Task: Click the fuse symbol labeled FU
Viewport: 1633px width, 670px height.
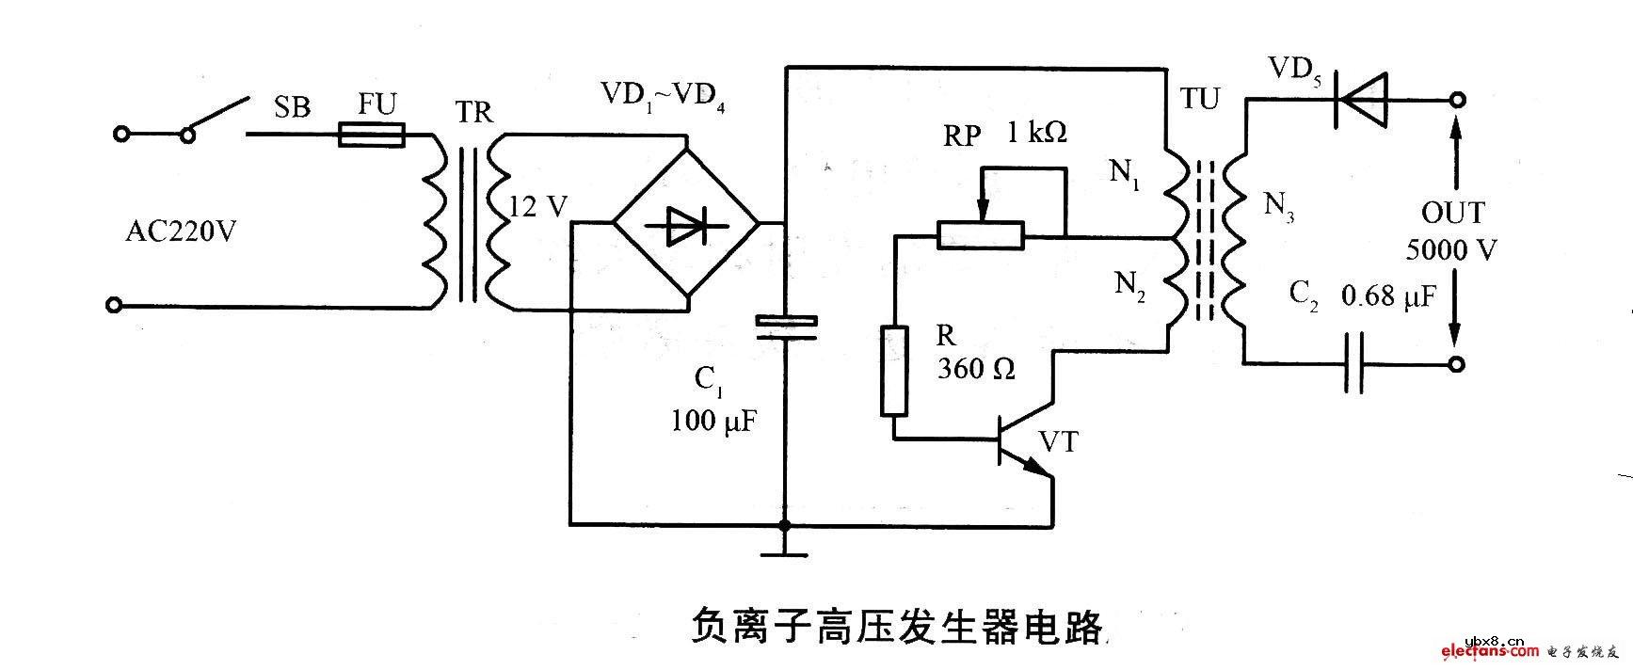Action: pyautogui.click(x=371, y=136)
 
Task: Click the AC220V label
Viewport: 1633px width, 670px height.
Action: pyautogui.click(x=181, y=231)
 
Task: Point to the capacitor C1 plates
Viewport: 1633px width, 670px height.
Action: pyautogui.click(x=785, y=326)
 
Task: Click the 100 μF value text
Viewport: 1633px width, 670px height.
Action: pyautogui.click(x=712, y=421)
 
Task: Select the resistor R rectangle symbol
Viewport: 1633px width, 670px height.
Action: pyautogui.click(x=894, y=370)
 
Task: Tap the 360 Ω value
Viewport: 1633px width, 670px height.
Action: pyautogui.click(x=976, y=369)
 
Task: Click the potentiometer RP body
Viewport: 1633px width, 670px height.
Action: pyautogui.click(x=980, y=235)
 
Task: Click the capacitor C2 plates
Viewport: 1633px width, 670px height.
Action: pyautogui.click(x=1354, y=363)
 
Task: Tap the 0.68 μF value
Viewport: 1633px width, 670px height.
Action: pyautogui.click(x=1388, y=297)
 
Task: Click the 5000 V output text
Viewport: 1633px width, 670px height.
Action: pyautogui.click(x=1450, y=250)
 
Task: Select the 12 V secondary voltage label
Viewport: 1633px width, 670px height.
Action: pyautogui.click(x=536, y=206)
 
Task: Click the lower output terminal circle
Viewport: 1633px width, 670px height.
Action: pyautogui.click(x=1457, y=365)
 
